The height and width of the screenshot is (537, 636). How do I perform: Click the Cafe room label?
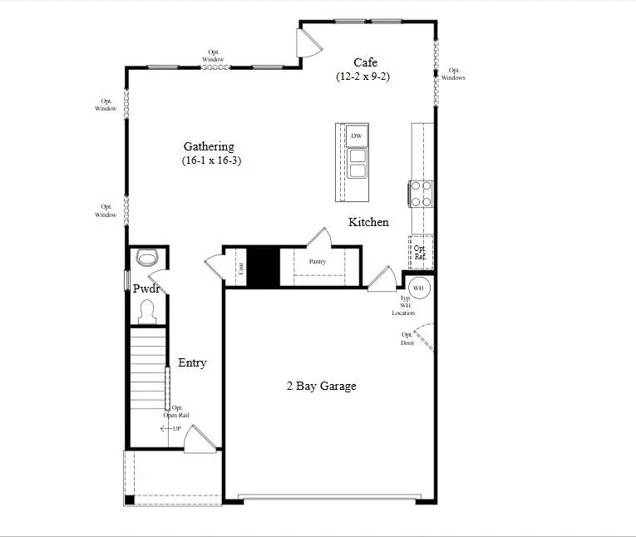366,62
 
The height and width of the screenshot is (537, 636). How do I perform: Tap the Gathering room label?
209,147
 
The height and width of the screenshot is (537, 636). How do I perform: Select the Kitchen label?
368,222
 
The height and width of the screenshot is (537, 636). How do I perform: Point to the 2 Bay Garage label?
322,386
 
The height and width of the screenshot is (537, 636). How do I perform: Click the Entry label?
192,363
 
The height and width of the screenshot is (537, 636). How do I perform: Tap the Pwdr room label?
145,288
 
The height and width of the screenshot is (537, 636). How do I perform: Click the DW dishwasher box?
357,135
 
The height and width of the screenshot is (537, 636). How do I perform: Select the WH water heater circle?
418,288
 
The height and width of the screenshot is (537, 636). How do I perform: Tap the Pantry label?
317,262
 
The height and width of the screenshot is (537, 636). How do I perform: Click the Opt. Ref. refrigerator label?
420,252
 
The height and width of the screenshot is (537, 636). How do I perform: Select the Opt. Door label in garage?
407,338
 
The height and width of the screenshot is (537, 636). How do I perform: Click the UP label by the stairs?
176,428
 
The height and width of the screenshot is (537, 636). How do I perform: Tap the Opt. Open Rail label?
177,411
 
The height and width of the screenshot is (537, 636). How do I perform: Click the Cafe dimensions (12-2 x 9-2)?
363,76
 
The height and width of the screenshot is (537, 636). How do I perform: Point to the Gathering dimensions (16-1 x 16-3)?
212,160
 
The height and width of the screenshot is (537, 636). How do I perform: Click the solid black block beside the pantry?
264,266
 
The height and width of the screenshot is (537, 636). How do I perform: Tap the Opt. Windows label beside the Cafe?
453,74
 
